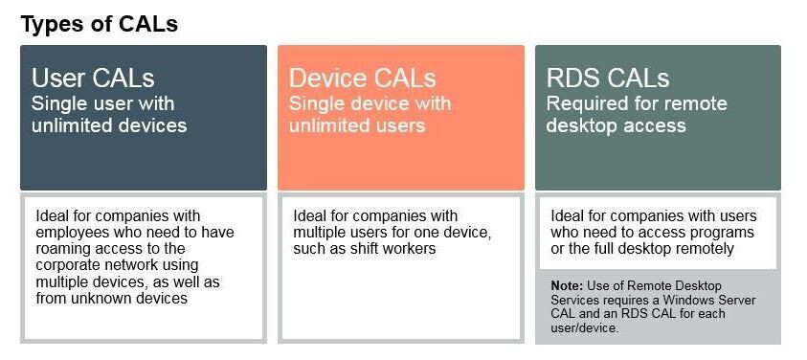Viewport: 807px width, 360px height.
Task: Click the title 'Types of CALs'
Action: click(100, 24)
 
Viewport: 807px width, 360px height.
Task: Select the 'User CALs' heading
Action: click(93, 78)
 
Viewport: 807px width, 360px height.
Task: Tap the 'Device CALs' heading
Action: click(362, 78)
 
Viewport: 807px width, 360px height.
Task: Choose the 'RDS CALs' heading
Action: click(608, 78)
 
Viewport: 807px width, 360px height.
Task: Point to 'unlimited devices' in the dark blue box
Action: click(109, 124)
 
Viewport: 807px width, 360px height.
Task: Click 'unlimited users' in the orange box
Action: click(357, 124)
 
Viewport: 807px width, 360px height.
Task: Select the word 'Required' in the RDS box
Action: click(588, 103)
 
